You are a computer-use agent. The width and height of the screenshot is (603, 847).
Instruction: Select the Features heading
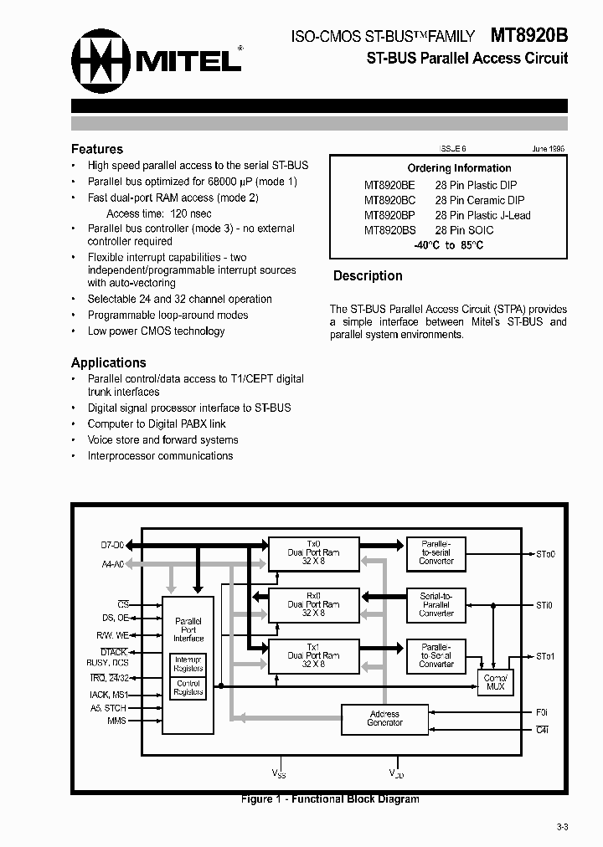pos(97,149)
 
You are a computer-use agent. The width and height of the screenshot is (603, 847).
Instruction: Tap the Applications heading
pos(109,362)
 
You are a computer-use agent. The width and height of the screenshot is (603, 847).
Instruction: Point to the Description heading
pos(368,275)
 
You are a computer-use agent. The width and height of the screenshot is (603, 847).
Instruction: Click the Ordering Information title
pos(459,168)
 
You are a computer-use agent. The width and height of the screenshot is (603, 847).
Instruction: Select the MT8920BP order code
pos(389,215)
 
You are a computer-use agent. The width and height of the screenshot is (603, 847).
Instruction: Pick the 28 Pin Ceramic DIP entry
pos(480,200)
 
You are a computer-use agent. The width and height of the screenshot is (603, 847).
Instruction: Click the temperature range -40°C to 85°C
pos(448,245)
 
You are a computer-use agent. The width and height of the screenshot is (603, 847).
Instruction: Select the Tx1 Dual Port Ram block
pos(313,654)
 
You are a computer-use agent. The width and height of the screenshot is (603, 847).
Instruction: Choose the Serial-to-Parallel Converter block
pos(436,604)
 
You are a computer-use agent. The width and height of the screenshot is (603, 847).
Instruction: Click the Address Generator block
pos(384,718)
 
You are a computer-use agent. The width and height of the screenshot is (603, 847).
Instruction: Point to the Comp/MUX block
pos(495,681)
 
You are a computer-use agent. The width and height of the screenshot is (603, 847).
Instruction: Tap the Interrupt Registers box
pos(188,664)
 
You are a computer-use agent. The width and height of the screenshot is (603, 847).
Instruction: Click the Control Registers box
pos(188,687)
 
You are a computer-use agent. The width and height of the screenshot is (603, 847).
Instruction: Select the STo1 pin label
pos(545,655)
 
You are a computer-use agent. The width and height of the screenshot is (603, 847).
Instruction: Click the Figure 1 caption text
pos(330,799)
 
